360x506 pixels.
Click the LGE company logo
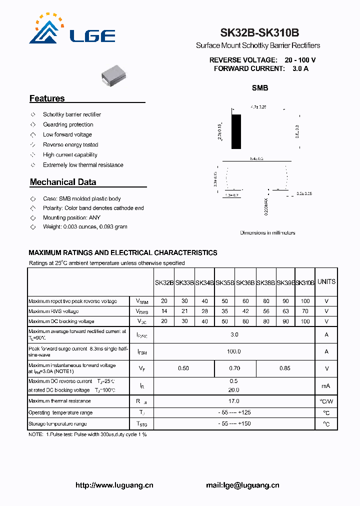click(72, 30)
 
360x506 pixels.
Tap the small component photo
click(115, 75)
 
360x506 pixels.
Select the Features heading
click(47, 98)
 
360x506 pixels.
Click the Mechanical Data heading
click(63, 182)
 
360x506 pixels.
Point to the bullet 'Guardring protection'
click(68, 124)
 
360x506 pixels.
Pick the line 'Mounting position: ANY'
click(71, 217)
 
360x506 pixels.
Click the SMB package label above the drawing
click(260, 88)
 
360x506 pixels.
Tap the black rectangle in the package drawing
click(236, 131)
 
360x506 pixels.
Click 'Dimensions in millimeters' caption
click(267, 232)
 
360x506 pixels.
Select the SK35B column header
click(225, 282)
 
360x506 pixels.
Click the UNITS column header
click(326, 281)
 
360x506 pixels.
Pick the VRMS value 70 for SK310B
click(305, 311)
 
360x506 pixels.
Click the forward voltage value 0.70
click(234, 368)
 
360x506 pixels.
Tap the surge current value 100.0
click(234, 351)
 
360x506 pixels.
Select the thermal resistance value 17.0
click(234, 401)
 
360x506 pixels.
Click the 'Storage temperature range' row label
click(57, 424)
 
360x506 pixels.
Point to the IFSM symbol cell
click(141, 352)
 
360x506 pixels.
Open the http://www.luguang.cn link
click(114, 485)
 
